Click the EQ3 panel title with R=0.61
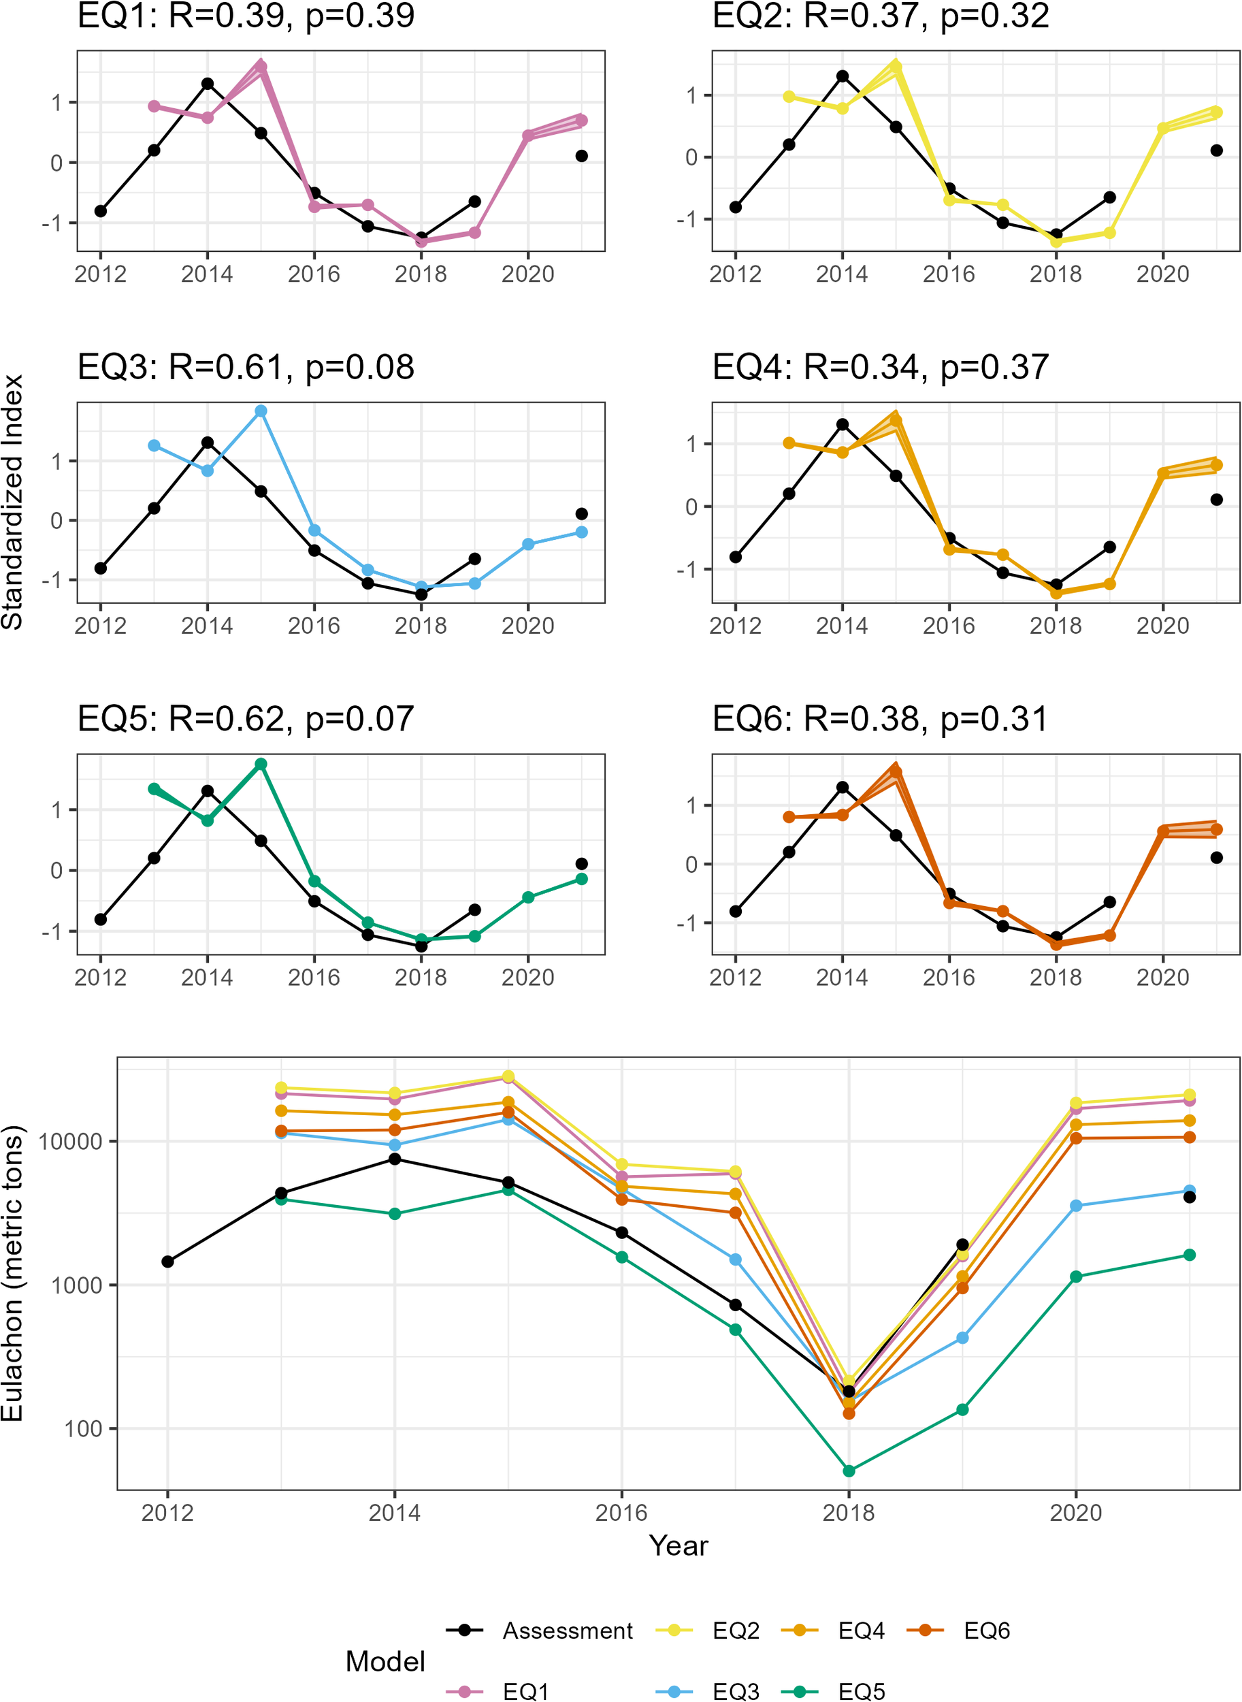pos(246,367)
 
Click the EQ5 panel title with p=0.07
pos(246,718)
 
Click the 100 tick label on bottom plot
pos(83,1429)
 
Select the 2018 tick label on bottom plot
pos(848,1513)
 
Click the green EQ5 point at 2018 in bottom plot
pos(849,1471)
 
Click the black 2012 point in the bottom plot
pos(167,1262)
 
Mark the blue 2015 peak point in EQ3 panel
pos(261,411)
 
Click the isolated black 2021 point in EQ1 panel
pos(581,156)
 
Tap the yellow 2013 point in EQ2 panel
pos(789,96)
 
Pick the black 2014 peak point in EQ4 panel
pos(842,424)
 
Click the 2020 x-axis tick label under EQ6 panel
pos(1162,977)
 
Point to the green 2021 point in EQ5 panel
pos(581,878)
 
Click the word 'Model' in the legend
pos(385,1661)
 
